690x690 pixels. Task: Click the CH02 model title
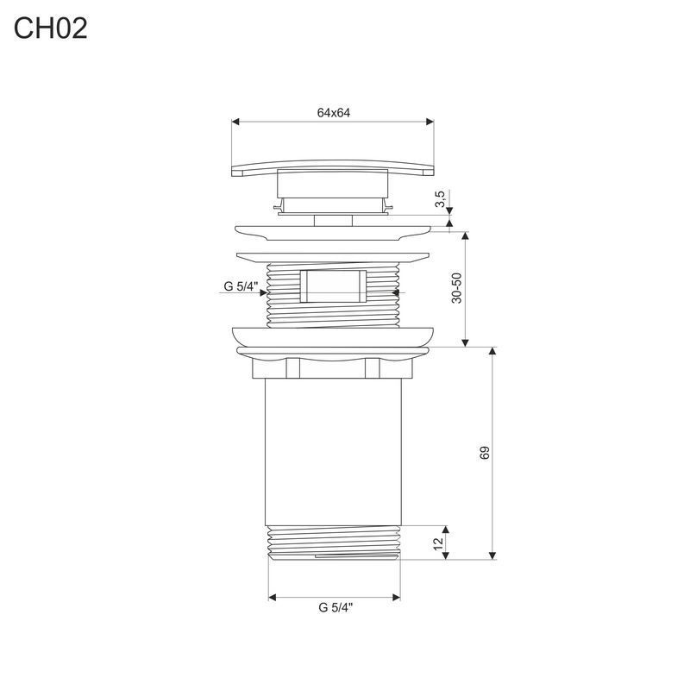coord(51,28)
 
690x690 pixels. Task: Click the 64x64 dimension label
coord(334,113)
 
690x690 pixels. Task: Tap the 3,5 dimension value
coord(440,198)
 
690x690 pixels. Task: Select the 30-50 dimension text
coord(457,288)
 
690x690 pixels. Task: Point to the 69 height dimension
coord(484,453)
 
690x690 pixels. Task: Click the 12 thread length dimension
coord(438,543)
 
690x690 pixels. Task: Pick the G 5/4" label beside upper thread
coord(241,286)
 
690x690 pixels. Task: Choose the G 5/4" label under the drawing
coord(336,608)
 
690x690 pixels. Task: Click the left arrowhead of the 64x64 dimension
coord(235,122)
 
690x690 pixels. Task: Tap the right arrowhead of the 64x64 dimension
coord(430,122)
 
